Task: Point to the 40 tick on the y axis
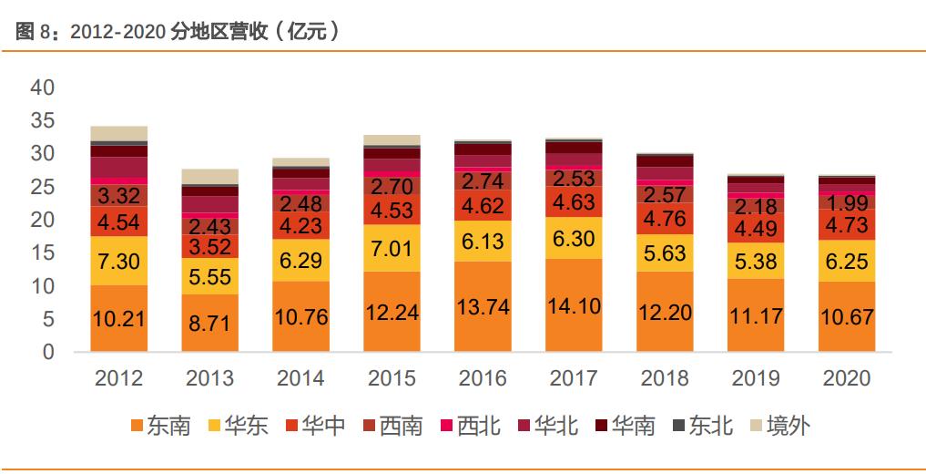point(44,88)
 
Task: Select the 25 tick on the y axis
point(44,188)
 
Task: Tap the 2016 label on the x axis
point(483,378)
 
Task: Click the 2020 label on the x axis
point(846,378)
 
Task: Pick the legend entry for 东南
point(161,426)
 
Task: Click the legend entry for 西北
point(470,426)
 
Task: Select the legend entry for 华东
point(239,426)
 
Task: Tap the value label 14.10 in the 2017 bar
point(574,306)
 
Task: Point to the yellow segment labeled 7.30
point(118,261)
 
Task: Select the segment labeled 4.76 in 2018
point(665,219)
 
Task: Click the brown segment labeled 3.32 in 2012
point(118,196)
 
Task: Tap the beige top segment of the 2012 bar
point(118,133)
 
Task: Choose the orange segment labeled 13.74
point(483,306)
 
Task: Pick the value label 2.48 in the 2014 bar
point(300,202)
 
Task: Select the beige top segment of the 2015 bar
point(392,140)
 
